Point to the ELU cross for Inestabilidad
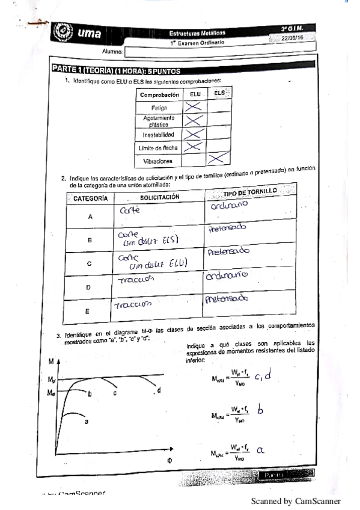click(x=193, y=134)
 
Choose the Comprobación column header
click(x=159, y=95)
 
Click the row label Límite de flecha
click(x=159, y=147)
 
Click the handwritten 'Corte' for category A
click(x=129, y=210)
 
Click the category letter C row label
click(x=89, y=263)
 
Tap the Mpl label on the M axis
click(x=51, y=380)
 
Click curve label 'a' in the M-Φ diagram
click(x=86, y=422)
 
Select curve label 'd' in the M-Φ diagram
click(x=159, y=390)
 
